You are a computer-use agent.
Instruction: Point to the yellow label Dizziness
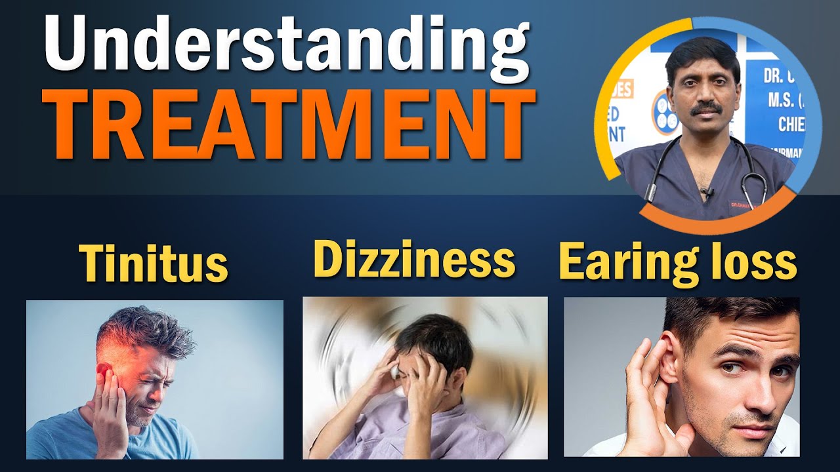(x=415, y=258)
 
